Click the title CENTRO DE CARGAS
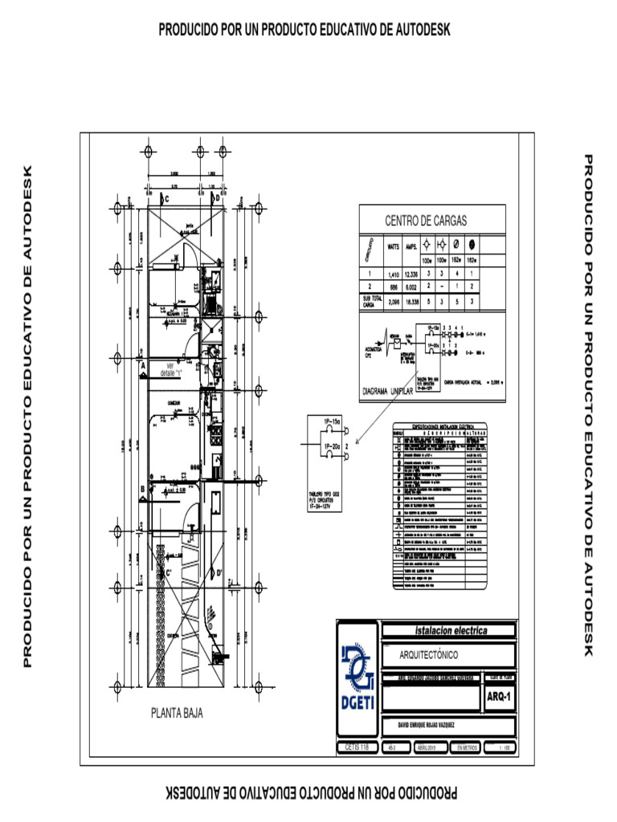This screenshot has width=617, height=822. click(426, 221)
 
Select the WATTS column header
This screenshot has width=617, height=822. click(394, 246)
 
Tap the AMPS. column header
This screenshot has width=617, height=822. click(411, 246)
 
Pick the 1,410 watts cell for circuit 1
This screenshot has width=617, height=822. click(394, 275)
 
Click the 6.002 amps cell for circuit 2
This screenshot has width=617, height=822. click(411, 286)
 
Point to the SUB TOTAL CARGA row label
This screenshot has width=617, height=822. click(370, 301)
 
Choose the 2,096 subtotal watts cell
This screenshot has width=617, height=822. click(394, 301)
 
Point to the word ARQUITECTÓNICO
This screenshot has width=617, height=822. click(434, 655)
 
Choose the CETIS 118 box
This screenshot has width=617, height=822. click(356, 747)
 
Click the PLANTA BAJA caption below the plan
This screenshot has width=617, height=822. click(177, 712)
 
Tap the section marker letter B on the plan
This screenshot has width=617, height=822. click(142, 487)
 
